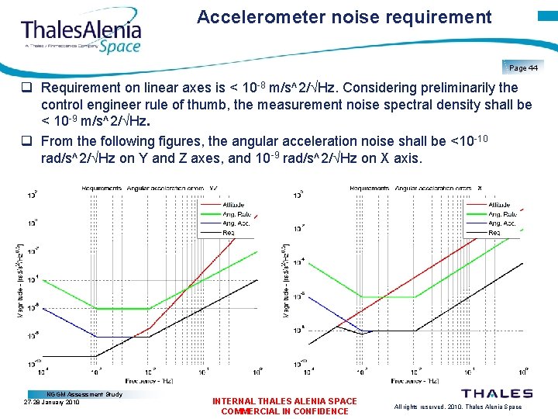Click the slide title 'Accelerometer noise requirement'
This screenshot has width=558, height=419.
(344, 17)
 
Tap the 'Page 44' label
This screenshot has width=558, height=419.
(523, 68)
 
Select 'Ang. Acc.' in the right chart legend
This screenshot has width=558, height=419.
(502, 223)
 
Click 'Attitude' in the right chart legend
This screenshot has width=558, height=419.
(500, 204)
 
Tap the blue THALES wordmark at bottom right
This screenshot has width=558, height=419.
(497, 394)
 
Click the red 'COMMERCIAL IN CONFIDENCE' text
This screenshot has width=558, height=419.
(284, 411)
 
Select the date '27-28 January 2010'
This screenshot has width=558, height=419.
(52, 403)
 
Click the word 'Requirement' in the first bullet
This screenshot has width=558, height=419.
(78, 88)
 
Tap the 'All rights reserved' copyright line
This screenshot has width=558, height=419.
(458, 407)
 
